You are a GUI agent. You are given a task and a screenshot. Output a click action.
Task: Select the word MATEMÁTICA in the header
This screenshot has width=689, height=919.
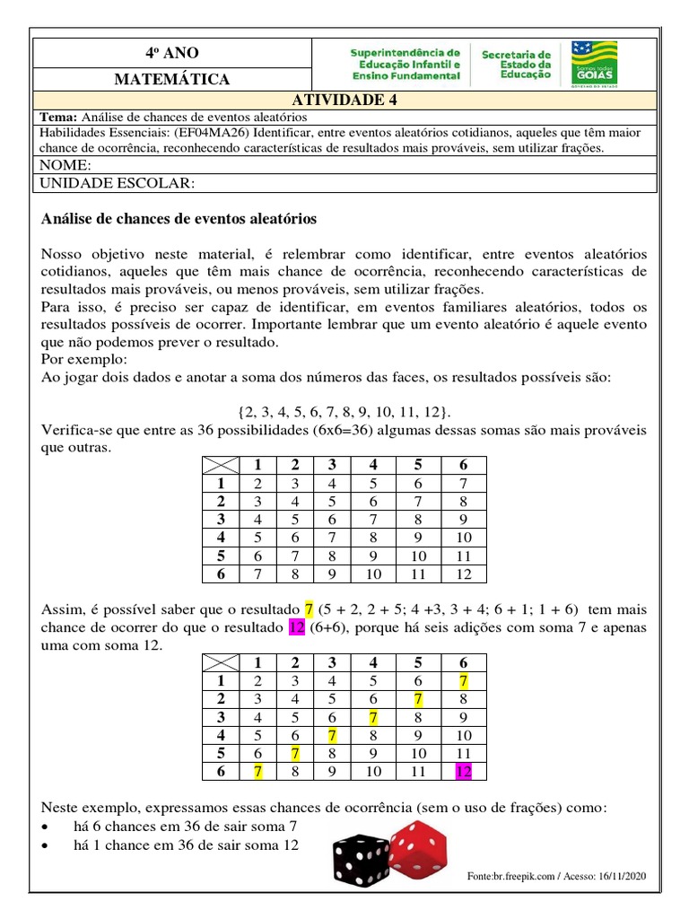171,79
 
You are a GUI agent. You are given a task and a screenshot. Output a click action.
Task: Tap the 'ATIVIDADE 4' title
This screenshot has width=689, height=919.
344,100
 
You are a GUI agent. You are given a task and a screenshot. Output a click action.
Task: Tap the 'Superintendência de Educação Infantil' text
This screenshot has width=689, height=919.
406,65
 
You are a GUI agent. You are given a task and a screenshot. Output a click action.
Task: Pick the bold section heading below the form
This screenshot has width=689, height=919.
179,219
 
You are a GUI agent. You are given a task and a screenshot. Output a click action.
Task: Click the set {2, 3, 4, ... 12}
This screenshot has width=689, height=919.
344,411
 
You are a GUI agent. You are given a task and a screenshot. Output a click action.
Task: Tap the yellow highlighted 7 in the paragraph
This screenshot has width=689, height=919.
310,610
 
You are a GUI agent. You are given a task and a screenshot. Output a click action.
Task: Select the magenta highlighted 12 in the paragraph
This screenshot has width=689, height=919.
297,628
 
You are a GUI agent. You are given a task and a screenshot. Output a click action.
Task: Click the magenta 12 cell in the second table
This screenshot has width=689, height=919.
463,770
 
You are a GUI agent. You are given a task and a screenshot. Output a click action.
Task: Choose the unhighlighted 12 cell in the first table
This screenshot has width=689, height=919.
463,573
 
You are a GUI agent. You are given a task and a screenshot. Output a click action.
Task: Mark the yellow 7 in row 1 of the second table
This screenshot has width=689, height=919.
463,680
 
